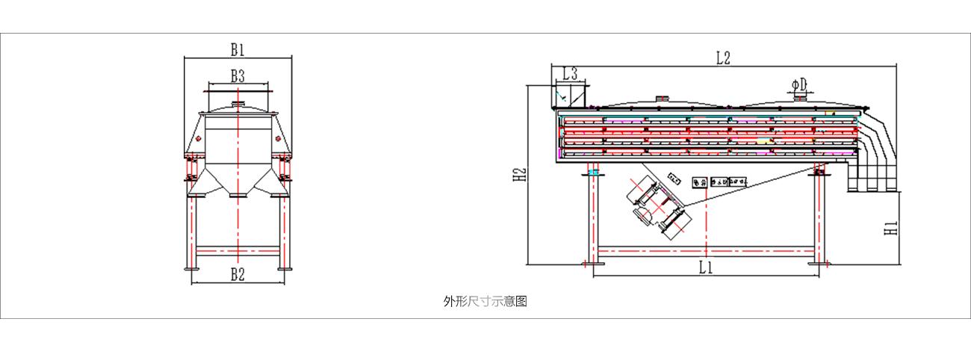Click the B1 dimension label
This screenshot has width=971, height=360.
point(238,50)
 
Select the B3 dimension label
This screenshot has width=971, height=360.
point(238,75)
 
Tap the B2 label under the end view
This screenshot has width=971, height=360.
point(238,274)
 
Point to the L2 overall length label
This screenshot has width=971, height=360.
point(722,58)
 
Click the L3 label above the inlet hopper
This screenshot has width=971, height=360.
point(570,74)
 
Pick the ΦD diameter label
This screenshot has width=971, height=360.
point(800,84)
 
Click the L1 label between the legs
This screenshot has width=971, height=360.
point(705,267)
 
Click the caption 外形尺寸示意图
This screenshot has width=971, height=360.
point(485,301)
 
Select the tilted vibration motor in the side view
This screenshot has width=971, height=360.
point(657,205)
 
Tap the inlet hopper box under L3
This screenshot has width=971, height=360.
point(571,96)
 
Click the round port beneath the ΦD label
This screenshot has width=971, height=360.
point(800,96)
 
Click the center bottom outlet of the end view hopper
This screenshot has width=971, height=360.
point(238,194)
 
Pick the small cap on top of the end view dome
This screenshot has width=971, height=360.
point(238,105)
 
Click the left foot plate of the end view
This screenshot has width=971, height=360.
point(190,268)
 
